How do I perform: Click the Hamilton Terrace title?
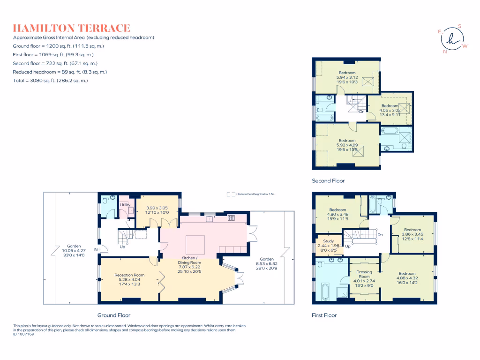click(72, 28)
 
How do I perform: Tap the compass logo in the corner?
click(452, 39)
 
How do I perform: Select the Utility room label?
click(125, 205)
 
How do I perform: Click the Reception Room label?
click(129, 275)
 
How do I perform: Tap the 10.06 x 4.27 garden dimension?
click(74, 251)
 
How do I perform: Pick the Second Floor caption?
click(328, 180)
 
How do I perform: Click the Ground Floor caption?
click(114, 315)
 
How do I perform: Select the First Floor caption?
click(324, 315)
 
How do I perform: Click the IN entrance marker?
click(96, 250)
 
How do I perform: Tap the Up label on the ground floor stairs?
click(122, 247)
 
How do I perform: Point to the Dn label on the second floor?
click(361, 112)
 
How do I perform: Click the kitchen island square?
click(195, 244)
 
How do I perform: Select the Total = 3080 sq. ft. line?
click(51, 81)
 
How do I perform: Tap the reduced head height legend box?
click(230, 194)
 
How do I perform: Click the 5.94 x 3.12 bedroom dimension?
click(347, 77)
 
